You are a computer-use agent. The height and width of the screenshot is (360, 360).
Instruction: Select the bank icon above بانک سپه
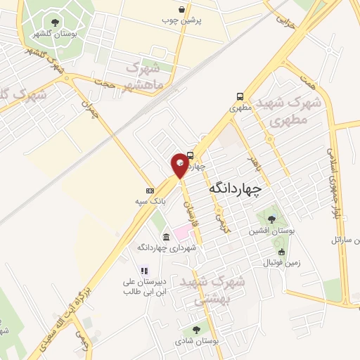[x=150, y=191]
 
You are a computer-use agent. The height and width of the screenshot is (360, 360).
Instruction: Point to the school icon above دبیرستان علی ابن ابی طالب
[x=144, y=270]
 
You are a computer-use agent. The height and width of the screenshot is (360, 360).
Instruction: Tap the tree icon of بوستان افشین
[x=271, y=219]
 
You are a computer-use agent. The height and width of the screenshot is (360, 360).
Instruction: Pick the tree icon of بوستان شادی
[x=196, y=329]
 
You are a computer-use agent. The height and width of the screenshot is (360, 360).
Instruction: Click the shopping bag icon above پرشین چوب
[x=183, y=9]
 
